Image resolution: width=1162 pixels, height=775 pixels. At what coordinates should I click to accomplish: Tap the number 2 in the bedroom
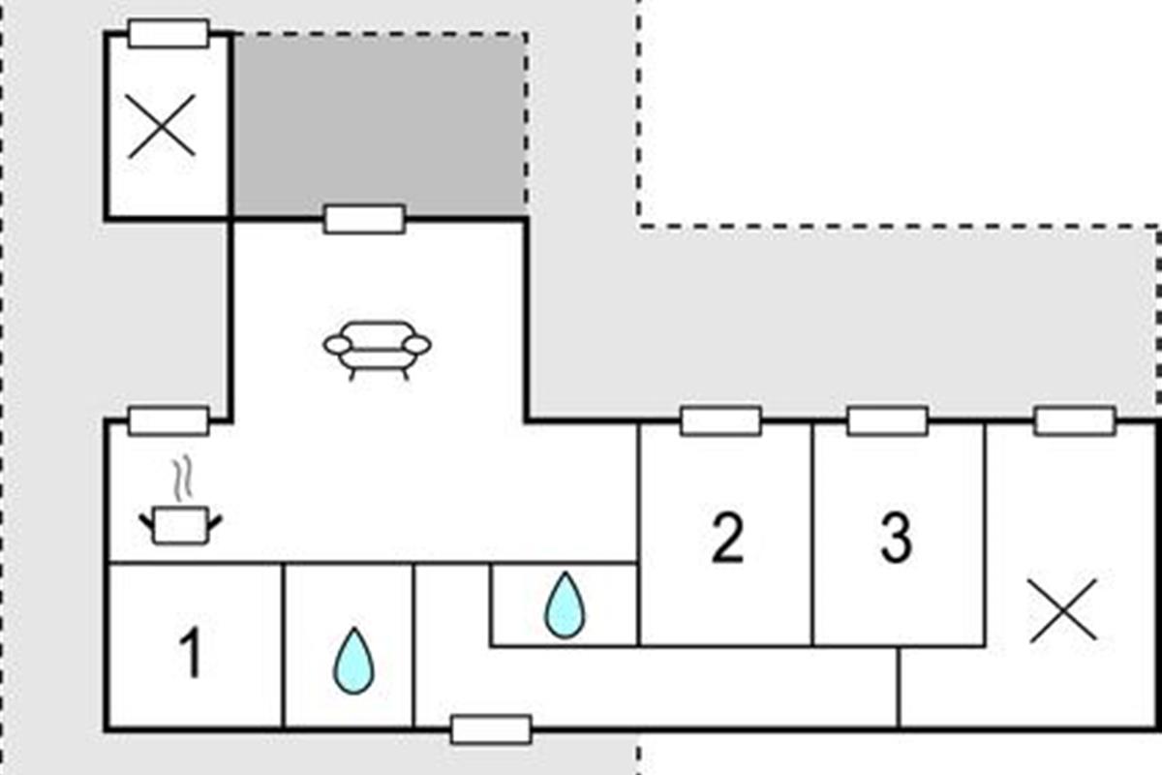726,539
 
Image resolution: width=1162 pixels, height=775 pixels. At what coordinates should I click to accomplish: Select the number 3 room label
896,539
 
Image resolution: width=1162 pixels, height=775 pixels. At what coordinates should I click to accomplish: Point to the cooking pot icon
181,524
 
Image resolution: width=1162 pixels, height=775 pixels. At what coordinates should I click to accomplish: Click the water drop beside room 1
353,662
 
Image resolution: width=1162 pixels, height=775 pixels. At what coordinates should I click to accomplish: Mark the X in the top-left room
162,126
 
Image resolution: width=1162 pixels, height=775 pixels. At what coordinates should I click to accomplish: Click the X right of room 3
1063,610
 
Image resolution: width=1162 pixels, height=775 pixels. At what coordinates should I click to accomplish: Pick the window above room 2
720,421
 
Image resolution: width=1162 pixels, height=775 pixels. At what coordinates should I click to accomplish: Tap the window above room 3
887,421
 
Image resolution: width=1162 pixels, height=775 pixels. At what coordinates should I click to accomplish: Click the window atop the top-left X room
168,33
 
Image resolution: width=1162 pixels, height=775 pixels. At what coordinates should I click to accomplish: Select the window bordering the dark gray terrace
364,219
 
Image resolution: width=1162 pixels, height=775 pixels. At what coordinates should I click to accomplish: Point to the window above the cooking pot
168,420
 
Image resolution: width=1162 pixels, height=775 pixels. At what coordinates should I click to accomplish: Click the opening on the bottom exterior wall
491,729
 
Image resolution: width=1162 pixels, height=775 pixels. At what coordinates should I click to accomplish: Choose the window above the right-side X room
1074,421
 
